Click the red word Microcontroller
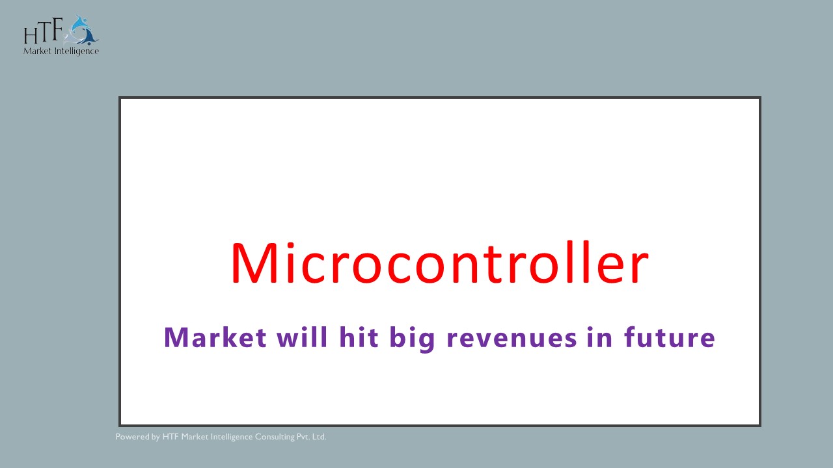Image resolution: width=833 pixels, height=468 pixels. coord(439,263)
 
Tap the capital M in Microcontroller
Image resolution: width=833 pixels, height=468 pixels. coord(254,263)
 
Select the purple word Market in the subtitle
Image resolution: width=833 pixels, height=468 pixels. coord(215,338)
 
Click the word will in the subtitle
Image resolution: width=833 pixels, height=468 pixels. coord(303,338)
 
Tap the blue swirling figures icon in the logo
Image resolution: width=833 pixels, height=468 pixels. coord(83,29)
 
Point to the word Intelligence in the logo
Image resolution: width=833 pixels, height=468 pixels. coord(77,51)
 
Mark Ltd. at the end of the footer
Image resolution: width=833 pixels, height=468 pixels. coord(320,437)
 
